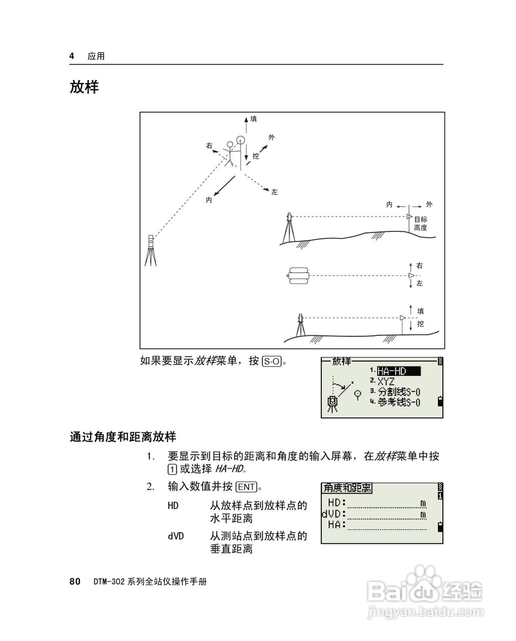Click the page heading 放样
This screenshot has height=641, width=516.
point(84,87)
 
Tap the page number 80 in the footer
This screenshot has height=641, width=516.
point(75,581)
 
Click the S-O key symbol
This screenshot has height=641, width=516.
point(272,361)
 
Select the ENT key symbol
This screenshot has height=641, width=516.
point(246,487)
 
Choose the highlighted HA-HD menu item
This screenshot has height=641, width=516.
point(398,371)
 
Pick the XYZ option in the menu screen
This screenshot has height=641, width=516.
point(386,382)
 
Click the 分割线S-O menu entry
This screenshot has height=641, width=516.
point(399,392)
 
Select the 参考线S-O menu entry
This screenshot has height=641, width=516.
point(399,402)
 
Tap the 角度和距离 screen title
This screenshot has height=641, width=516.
point(347,488)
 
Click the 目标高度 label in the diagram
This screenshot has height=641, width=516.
point(420,223)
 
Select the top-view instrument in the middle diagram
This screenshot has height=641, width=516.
point(299,275)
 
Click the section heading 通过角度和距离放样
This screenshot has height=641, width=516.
point(123,437)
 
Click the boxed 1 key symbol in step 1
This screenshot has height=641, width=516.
point(172,470)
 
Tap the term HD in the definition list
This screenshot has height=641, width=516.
point(173,506)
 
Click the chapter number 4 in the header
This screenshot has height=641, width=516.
point(72,56)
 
